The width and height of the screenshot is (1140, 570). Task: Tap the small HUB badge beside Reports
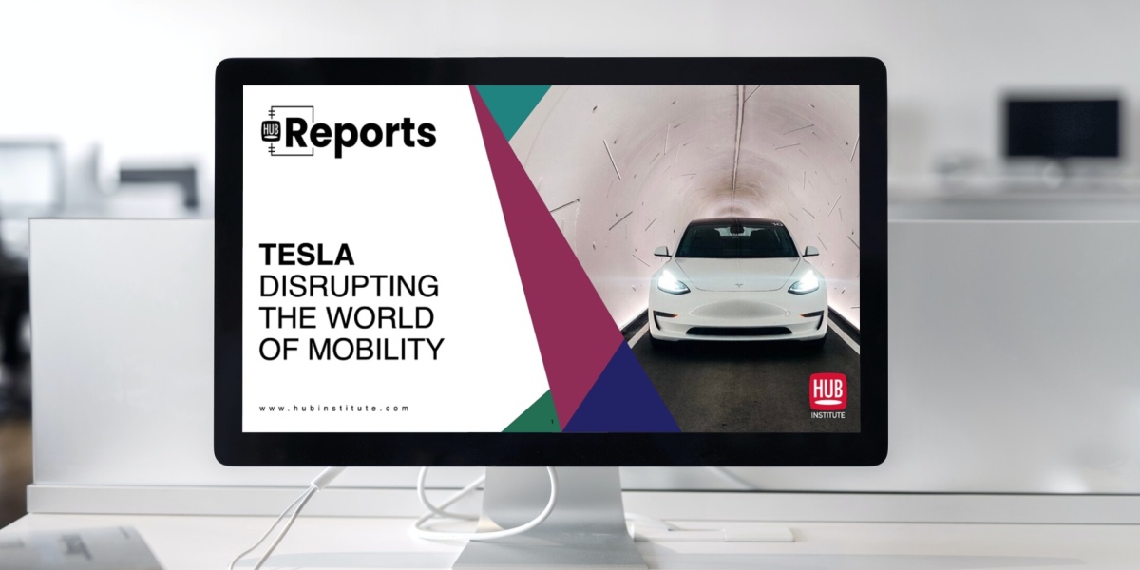tap(270, 131)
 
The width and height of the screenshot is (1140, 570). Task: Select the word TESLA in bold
tap(307, 255)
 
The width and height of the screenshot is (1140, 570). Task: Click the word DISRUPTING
tap(349, 286)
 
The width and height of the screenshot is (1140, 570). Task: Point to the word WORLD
tap(380, 317)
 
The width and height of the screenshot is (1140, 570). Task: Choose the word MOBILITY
tap(376, 350)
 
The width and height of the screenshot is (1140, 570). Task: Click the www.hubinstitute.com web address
tap(333, 408)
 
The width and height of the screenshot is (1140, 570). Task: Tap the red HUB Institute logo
tap(828, 390)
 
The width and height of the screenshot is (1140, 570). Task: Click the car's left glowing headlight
tap(673, 283)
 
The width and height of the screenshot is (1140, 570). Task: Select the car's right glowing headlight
tap(806, 283)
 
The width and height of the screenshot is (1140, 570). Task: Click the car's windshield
tap(738, 241)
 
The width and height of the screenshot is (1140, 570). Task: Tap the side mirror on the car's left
tap(661, 252)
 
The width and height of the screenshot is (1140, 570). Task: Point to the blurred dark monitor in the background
tap(1063, 127)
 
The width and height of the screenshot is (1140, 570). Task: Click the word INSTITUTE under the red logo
tap(828, 415)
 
